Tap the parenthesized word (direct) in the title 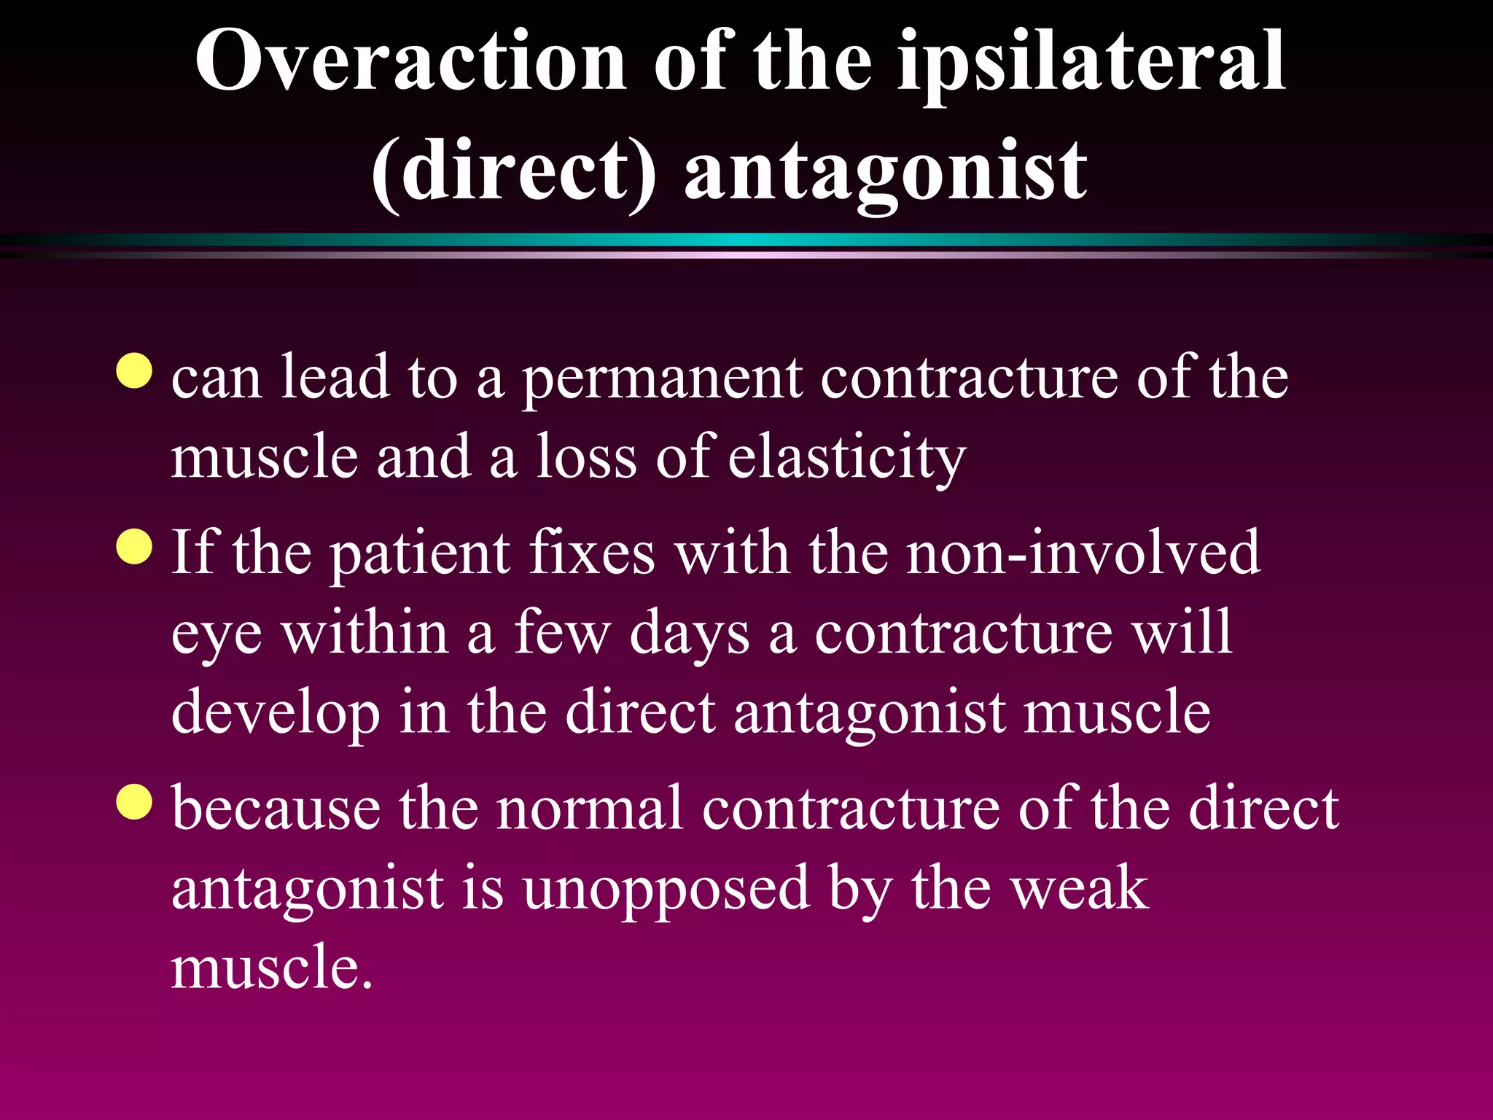(x=513, y=172)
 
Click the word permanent (x=663, y=380)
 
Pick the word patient (x=420, y=553)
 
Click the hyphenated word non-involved (x=1083, y=553)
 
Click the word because (x=276, y=809)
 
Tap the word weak (x=1077, y=889)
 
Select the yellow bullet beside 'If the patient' (x=134, y=547)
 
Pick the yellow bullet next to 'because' (x=134, y=801)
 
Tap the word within (x=365, y=633)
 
